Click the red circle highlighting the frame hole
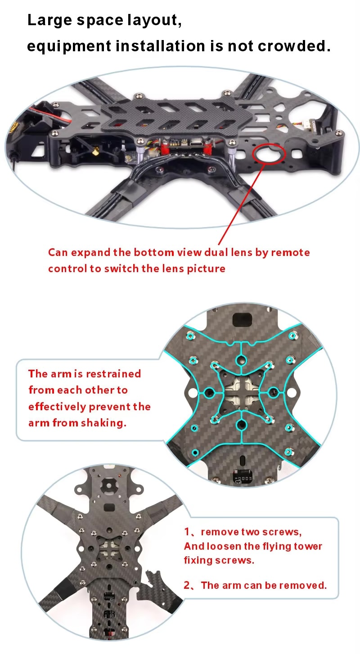[269, 153]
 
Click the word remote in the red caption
[290, 252]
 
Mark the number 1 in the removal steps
[187, 532]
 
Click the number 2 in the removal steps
[187, 585]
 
